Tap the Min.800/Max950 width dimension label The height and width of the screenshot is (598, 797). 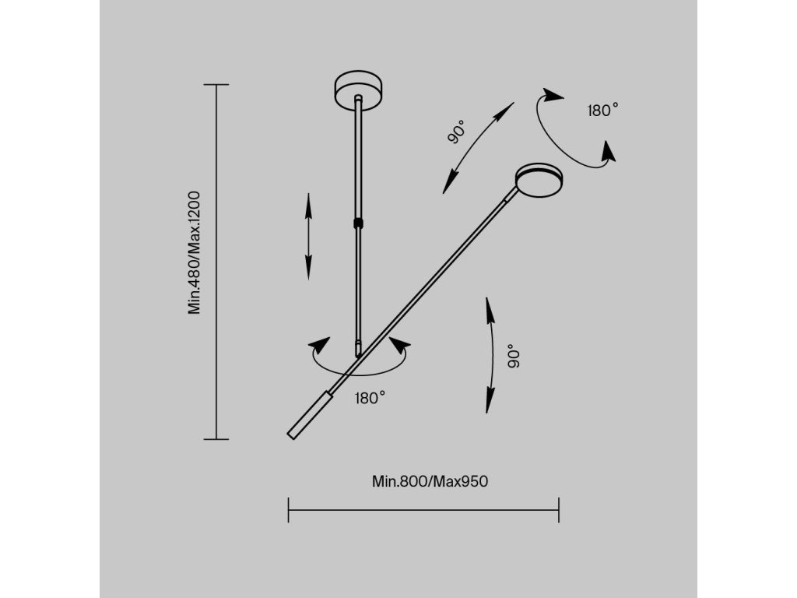pos(430,481)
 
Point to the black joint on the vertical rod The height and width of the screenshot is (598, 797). pos(358,223)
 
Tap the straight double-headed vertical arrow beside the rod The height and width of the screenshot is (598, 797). pos(309,236)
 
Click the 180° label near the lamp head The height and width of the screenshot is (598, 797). pos(602,111)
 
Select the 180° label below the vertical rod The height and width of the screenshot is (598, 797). pos(370,398)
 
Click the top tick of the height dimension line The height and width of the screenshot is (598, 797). pos(216,84)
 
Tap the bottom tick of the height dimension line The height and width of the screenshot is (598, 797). pos(216,439)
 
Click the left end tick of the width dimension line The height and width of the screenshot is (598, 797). pos(289,510)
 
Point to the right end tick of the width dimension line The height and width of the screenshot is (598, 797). pos(559,510)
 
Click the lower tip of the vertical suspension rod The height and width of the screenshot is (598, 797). pos(358,354)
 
